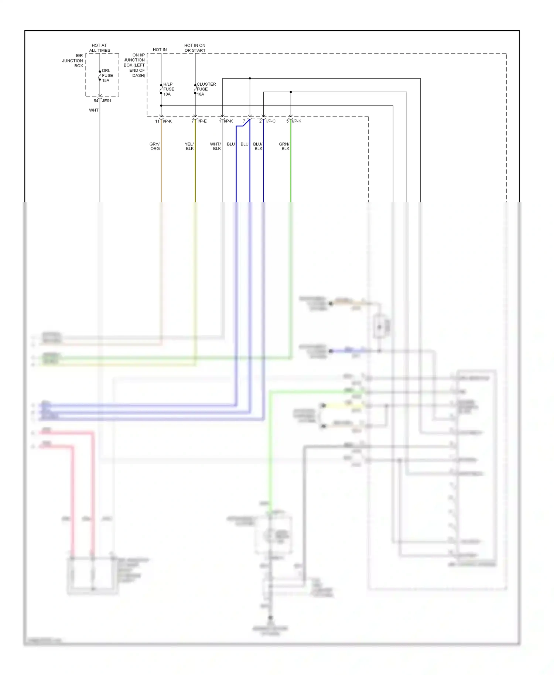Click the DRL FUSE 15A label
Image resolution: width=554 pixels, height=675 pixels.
click(107, 75)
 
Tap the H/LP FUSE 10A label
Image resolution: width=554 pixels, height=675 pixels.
click(168, 89)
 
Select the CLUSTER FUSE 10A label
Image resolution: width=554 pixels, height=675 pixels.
click(206, 89)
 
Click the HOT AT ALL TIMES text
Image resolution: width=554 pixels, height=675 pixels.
click(99, 48)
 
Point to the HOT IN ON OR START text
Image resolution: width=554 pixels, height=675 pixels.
click(195, 48)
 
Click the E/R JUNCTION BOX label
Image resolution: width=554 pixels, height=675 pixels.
click(73, 61)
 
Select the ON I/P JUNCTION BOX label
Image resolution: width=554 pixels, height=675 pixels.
click(134, 65)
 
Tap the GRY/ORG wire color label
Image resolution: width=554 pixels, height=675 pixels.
click(155, 146)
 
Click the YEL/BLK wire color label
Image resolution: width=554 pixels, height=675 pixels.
click(189, 146)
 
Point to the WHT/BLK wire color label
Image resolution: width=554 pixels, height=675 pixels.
click(216, 146)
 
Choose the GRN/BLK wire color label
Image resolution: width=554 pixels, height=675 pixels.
click(284, 146)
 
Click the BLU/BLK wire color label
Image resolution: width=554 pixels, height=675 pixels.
click(258, 146)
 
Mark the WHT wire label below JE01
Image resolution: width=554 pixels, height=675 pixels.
click(94, 110)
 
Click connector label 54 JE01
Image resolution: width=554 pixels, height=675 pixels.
click(102, 101)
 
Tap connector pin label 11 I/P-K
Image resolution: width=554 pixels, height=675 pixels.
click(164, 121)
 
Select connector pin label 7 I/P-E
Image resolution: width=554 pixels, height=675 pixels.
click(199, 121)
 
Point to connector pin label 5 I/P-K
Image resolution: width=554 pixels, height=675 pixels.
click(294, 121)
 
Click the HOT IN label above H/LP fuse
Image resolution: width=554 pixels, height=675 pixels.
click(160, 49)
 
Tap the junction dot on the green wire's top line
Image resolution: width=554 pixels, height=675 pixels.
click(291, 92)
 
